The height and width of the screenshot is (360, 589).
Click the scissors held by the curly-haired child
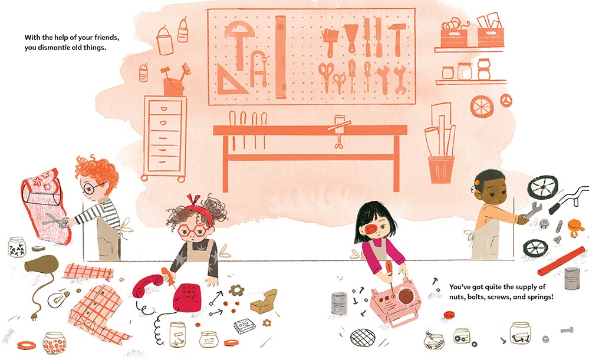coord(55,220)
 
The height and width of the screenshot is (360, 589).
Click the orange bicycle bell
coord(574,227)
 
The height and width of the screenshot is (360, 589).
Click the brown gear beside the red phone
coord(236,290)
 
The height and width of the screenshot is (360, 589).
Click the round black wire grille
coord(363,337)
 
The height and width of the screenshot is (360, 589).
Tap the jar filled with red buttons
coord(54,343)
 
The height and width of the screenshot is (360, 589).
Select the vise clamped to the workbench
coord(339,132)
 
